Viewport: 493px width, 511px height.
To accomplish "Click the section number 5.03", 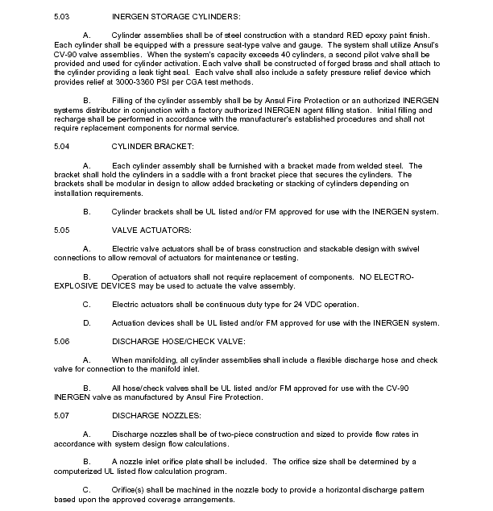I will [x=62, y=17].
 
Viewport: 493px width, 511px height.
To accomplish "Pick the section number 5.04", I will [x=62, y=146].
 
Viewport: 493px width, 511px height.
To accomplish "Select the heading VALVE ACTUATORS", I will [x=150, y=230].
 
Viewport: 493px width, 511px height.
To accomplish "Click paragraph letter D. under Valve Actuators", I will [x=87, y=323].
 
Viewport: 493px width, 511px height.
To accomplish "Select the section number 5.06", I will [x=62, y=342].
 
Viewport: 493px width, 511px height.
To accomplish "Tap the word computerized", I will [x=81, y=472].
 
